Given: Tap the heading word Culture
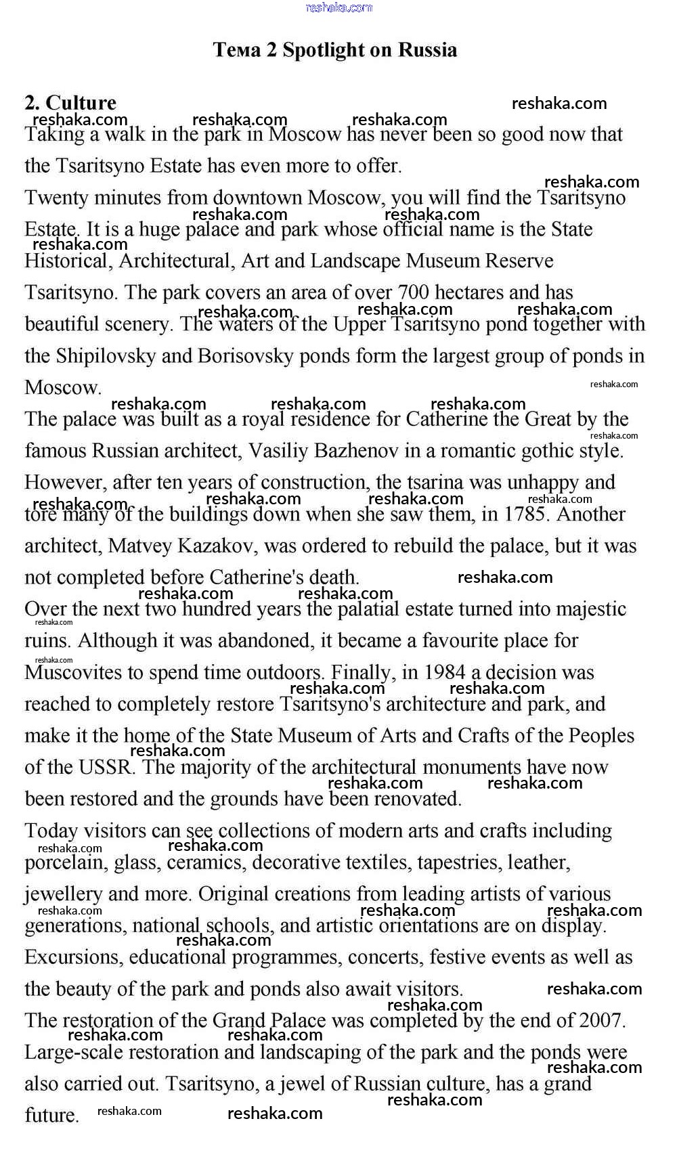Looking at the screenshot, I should click(81, 103).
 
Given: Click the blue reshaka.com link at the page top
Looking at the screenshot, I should click(338, 7).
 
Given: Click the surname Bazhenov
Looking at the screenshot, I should click(355, 451).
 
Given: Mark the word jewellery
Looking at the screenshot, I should click(63, 894).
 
